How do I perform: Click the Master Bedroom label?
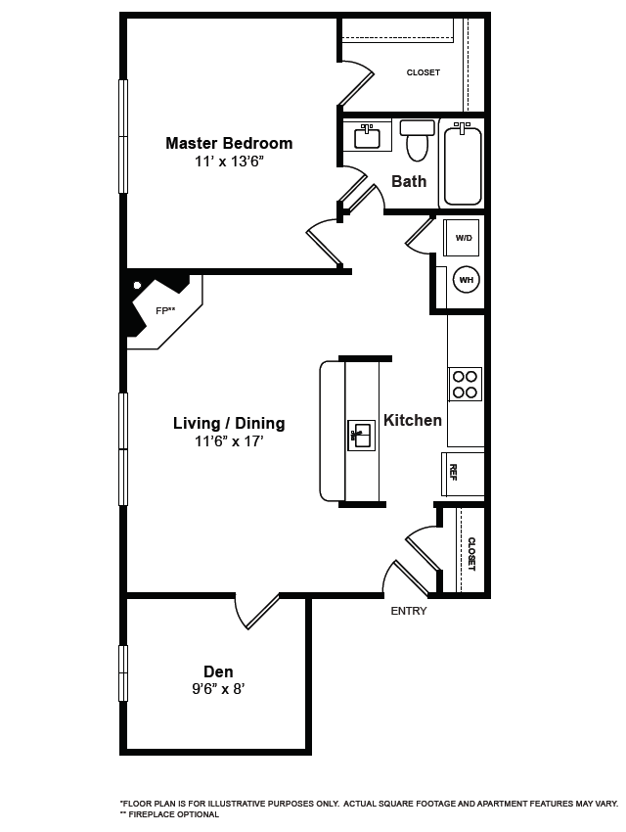(x=228, y=143)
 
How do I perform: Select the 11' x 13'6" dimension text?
(x=228, y=162)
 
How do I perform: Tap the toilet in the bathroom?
(x=418, y=141)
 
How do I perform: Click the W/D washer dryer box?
(x=463, y=238)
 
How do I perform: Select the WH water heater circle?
(x=466, y=280)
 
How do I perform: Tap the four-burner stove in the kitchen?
(x=466, y=384)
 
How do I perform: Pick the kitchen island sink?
(x=361, y=435)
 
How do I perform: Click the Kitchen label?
(x=412, y=420)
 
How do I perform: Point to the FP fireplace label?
(x=165, y=310)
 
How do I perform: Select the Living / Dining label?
(x=229, y=423)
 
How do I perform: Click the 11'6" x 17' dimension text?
(x=229, y=441)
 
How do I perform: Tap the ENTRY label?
(x=408, y=611)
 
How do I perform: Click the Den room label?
(x=218, y=671)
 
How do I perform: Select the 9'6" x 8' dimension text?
(x=218, y=689)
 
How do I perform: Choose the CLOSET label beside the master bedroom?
(x=423, y=72)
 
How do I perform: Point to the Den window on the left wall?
(x=123, y=673)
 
